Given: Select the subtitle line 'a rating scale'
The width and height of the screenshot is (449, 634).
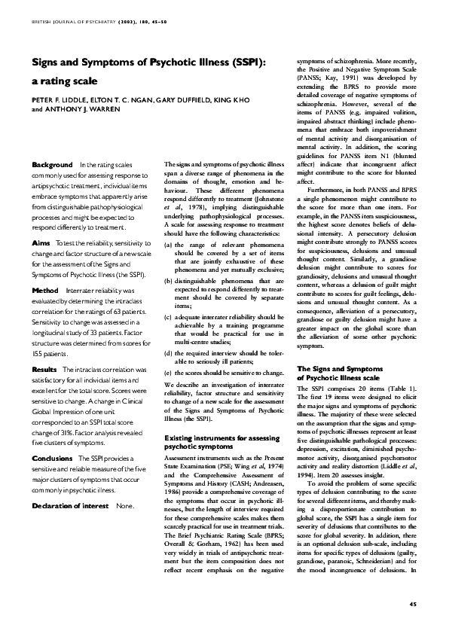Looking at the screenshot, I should [64, 80].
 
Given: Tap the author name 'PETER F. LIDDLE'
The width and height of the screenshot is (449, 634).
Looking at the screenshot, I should [59, 99].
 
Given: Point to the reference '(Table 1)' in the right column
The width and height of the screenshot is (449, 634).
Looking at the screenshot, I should [411, 386].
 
